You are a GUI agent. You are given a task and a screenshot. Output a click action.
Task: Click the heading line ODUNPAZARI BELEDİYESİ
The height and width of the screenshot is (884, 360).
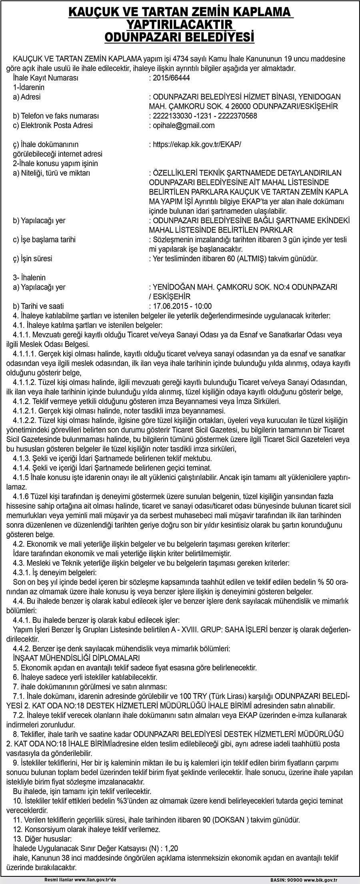180,37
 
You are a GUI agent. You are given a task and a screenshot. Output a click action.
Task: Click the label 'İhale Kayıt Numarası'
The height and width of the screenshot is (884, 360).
46,78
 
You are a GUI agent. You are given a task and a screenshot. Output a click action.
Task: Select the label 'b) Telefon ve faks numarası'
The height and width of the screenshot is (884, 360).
56,116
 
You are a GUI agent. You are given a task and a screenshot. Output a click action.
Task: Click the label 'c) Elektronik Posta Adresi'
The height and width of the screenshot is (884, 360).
53,126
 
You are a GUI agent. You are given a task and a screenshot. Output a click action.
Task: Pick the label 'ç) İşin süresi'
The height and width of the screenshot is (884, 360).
32,259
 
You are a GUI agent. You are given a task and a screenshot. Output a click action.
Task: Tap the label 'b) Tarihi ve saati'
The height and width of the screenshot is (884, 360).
38,306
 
